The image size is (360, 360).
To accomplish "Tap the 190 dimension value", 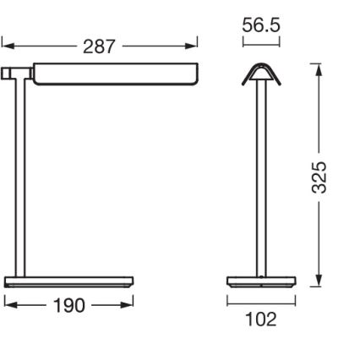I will point(68,305).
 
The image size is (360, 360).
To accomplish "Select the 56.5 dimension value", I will point(261,25).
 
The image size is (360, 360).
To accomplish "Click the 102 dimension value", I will point(260,320).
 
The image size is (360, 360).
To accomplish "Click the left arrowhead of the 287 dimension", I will point(5,42).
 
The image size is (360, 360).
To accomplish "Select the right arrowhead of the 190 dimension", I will point(130,303).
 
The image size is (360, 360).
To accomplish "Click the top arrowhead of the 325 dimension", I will point(319,68).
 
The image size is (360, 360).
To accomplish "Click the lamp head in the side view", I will point(114,74).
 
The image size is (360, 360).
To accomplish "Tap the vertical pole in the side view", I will point(21,177).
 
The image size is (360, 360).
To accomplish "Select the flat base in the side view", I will point(69,281).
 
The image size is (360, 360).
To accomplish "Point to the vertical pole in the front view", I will point(259,177).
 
